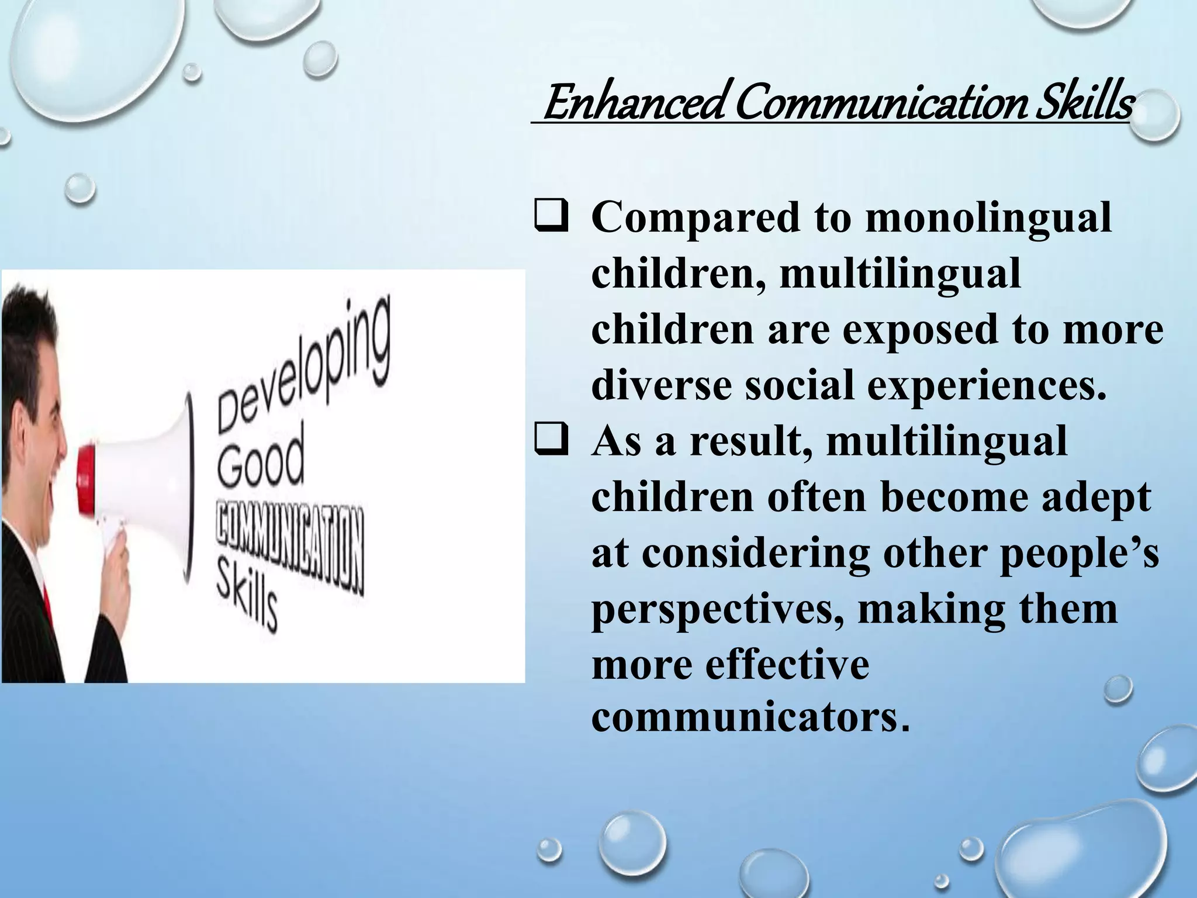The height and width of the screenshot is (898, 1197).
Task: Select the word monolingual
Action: coord(988,217)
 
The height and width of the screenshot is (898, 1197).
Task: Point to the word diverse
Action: coord(661,386)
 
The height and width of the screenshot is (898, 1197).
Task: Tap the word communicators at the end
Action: coord(750,718)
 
